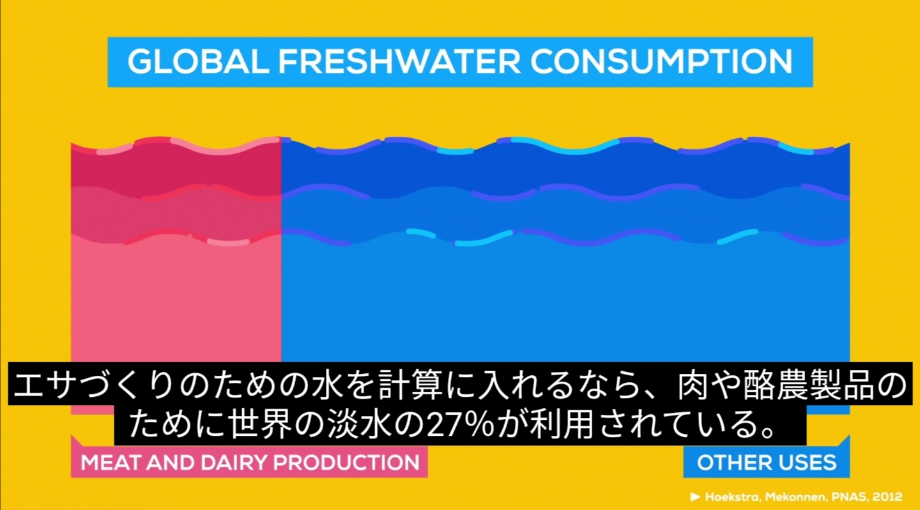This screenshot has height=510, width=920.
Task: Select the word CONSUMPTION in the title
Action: coord(661,61)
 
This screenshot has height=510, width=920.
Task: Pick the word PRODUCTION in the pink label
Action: coord(346,462)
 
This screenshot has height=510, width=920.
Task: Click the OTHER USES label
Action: coord(767,462)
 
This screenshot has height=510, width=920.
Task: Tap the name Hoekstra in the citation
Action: coord(733,497)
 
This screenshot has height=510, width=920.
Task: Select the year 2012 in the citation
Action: coord(888,497)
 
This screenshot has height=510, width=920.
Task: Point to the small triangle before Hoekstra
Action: coord(695,497)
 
